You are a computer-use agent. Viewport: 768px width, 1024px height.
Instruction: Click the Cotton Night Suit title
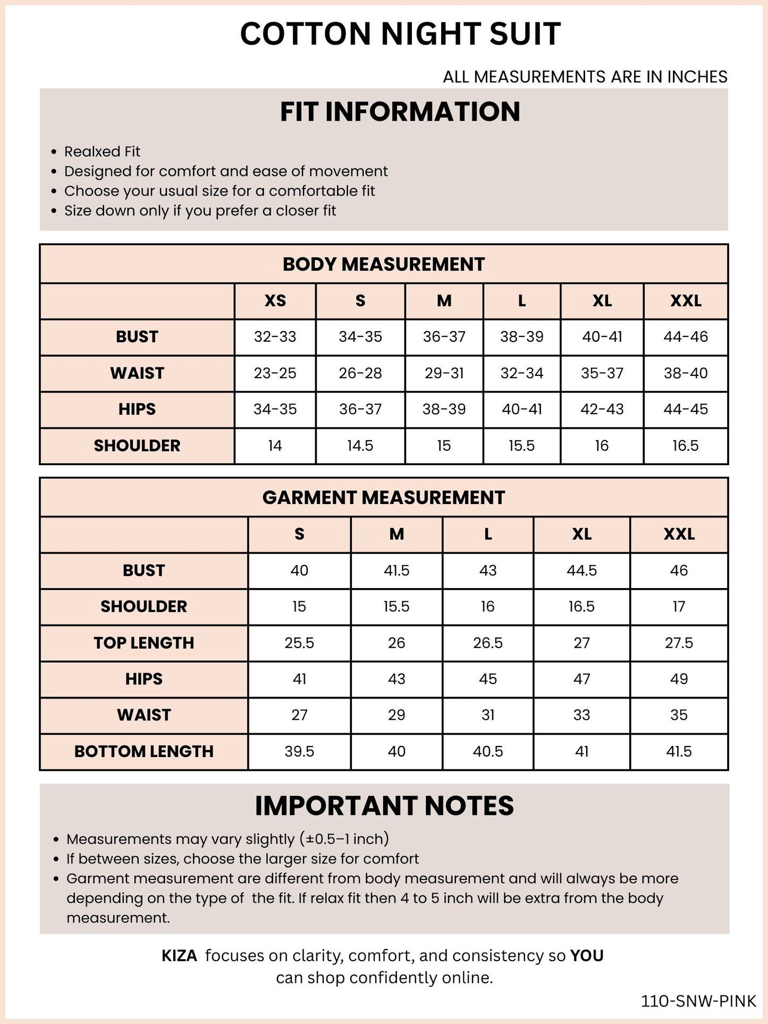click(400, 35)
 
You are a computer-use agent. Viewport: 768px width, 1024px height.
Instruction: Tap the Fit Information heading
click(400, 112)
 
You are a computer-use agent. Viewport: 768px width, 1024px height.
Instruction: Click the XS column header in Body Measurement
click(275, 301)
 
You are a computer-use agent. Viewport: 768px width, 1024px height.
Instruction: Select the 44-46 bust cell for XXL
click(686, 337)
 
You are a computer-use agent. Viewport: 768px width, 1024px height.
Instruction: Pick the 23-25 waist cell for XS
click(275, 373)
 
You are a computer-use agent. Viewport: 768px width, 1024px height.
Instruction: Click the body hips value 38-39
click(444, 409)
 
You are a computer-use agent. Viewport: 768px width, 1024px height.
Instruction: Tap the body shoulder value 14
click(275, 446)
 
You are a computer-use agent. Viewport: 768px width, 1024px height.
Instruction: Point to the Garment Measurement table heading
click(383, 498)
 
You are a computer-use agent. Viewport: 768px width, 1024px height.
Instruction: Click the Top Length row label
click(144, 643)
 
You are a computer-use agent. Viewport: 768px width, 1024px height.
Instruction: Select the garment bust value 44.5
click(581, 570)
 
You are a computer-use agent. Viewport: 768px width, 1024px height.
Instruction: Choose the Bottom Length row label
click(144, 751)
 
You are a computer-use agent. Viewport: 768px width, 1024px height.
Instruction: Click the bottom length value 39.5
click(299, 751)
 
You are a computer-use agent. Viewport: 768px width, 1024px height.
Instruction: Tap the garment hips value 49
click(679, 679)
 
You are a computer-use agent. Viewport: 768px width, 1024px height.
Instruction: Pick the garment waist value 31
click(487, 715)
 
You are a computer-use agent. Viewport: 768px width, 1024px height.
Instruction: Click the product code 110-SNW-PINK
click(698, 1001)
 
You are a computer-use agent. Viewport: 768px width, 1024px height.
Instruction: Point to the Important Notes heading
click(384, 806)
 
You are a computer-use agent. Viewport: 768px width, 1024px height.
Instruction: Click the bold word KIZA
click(179, 956)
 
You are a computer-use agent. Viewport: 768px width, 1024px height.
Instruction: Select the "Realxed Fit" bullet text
click(102, 152)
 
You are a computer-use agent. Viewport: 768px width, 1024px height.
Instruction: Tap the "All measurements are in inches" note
click(585, 77)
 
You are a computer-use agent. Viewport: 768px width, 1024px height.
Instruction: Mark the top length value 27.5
click(679, 643)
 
